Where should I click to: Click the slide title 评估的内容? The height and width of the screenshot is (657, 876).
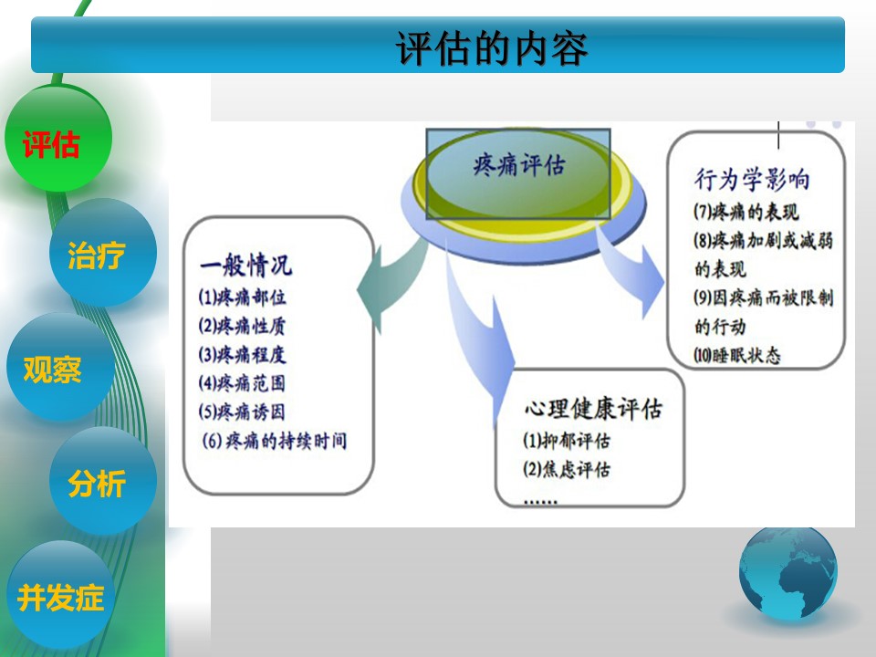pos(492,48)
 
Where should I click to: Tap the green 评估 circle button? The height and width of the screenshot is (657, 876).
pos(58,139)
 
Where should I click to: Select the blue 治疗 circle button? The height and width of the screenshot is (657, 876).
pos(103,253)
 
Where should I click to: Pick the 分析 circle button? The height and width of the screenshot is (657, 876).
pos(103,481)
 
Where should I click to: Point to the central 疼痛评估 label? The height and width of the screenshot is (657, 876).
pos(519,165)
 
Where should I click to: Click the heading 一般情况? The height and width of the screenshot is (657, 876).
pos(245,265)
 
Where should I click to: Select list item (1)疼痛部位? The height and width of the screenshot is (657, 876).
pos(243,297)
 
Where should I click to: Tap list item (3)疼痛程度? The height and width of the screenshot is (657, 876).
pos(243,354)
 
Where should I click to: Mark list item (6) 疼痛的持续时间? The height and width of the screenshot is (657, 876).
pos(275,441)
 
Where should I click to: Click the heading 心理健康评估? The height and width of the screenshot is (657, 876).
pos(593,409)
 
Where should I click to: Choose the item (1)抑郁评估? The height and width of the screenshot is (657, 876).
pos(567,441)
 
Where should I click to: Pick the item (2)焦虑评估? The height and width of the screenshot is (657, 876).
pos(567,469)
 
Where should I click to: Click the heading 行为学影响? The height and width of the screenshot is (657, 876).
pos(752,180)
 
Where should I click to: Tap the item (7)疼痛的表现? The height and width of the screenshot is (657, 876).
pos(746,212)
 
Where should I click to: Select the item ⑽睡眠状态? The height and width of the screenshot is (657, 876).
pos(737,355)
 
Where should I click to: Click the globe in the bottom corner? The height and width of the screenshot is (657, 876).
pos(788,573)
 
